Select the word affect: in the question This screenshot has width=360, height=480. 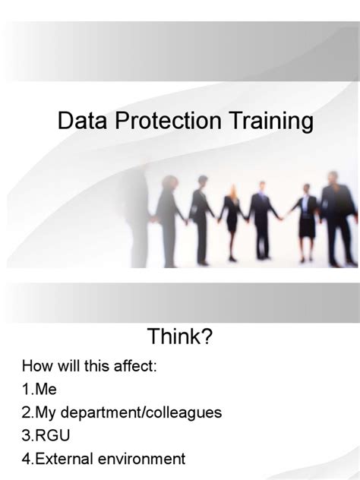[135, 366]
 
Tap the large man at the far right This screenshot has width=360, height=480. [336, 216]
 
